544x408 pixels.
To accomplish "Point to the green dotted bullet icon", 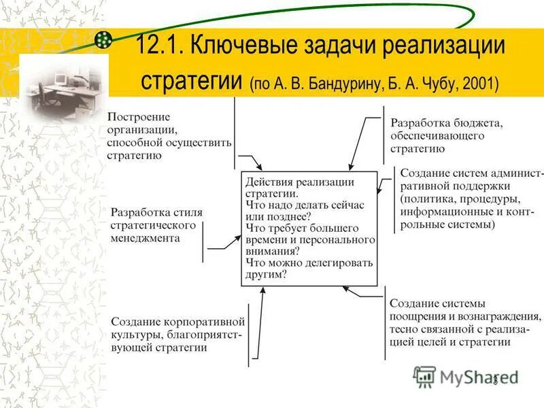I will coord(103,40).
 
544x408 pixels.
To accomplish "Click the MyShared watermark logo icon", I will coord(424,376).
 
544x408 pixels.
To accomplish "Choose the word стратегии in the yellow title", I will coord(192,82).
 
